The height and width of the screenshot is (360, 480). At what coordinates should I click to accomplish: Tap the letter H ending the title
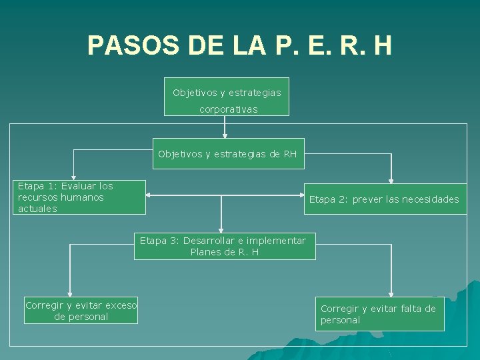pyautogui.click(x=382, y=45)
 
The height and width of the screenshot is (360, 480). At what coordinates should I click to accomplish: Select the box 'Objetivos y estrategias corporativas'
pyautogui.click(x=227, y=97)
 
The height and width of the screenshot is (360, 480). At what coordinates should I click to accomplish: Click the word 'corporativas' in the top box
pyautogui.click(x=228, y=109)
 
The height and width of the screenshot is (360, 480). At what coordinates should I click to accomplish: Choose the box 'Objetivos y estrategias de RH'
pyautogui.click(x=228, y=154)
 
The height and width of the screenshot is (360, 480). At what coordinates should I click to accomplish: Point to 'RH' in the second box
pyautogui.click(x=290, y=154)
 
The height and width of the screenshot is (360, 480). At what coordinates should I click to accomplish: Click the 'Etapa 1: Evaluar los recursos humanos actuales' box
pyautogui.click(x=80, y=197)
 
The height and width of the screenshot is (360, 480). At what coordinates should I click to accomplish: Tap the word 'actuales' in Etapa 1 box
pyautogui.click(x=37, y=209)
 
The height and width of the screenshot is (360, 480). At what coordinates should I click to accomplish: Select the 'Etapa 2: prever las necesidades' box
pyautogui.click(x=385, y=199)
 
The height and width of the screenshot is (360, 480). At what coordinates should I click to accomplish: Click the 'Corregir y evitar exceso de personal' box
pyautogui.click(x=81, y=311)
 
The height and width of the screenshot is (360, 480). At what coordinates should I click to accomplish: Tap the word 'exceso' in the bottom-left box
pyautogui.click(x=119, y=305)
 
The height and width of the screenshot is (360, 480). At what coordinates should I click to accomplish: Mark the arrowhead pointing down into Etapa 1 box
pyautogui.click(x=73, y=177)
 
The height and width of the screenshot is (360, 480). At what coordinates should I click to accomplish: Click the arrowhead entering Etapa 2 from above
pyautogui.click(x=391, y=180)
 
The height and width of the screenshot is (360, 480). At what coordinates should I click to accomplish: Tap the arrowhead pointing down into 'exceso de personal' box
pyautogui.click(x=70, y=293)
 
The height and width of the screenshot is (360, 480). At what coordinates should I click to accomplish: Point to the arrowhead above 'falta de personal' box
pyautogui.click(x=391, y=293)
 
